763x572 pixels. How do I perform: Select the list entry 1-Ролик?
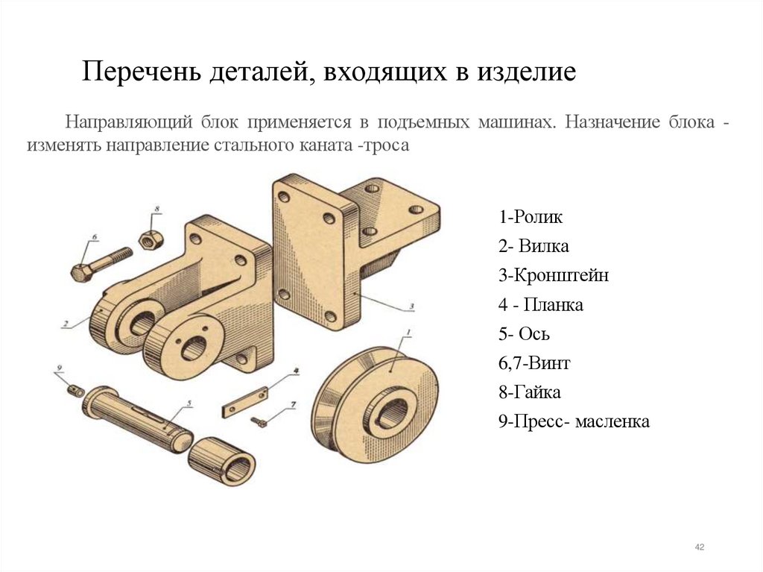pos(531,218)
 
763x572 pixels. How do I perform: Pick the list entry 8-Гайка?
pos(530,392)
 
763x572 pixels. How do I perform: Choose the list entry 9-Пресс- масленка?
pos(574,422)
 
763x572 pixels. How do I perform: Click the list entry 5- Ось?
pos(525,334)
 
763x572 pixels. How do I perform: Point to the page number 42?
pos(699,548)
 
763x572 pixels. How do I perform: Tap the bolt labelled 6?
pos(101,263)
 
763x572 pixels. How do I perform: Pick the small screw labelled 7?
pos(259,422)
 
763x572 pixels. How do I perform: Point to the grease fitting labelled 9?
pos(74,389)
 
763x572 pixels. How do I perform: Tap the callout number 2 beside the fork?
pos(66,324)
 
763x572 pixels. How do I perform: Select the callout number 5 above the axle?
pos(189,403)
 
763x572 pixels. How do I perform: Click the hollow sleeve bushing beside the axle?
pos(222,461)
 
